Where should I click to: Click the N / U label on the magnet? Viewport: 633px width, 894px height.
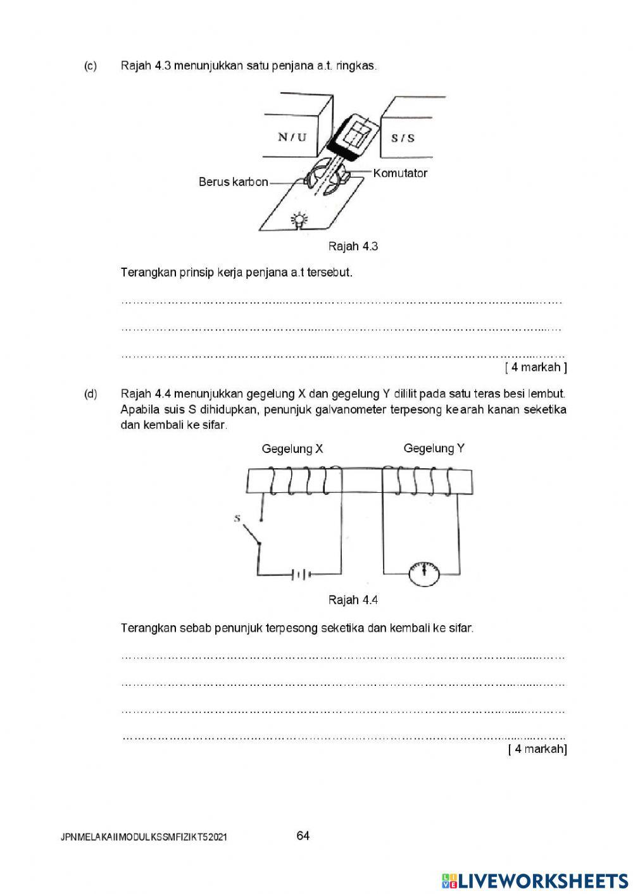(x=292, y=137)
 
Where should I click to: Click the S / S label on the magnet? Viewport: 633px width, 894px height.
(x=403, y=137)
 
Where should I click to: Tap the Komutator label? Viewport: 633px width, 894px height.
(x=400, y=173)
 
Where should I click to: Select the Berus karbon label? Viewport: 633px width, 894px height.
(x=233, y=182)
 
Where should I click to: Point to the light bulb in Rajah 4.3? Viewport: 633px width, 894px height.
(x=299, y=220)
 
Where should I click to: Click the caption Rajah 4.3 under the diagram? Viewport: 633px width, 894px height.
(x=353, y=246)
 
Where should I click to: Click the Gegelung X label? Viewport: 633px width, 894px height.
(x=292, y=449)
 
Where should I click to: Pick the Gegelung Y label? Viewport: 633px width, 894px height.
(x=434, y=449)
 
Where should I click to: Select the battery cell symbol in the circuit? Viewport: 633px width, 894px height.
(x=301, y=574)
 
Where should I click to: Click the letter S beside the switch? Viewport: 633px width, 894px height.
(x=237, y=518)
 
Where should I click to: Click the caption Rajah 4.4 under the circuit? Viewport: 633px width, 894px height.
(x=353, y=600)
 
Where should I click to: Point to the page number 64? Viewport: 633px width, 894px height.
(x=303, y=836)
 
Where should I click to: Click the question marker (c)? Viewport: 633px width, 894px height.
(x=91, y=66)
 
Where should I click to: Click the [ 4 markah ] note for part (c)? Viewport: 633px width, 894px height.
(x=536, y=367)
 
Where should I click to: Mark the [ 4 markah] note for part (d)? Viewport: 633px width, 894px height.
(x=537, y=749)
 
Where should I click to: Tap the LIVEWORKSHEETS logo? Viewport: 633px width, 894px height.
(x=535, y=880)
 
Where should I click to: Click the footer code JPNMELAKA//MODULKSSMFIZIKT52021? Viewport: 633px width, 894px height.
(x=144, y=838)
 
